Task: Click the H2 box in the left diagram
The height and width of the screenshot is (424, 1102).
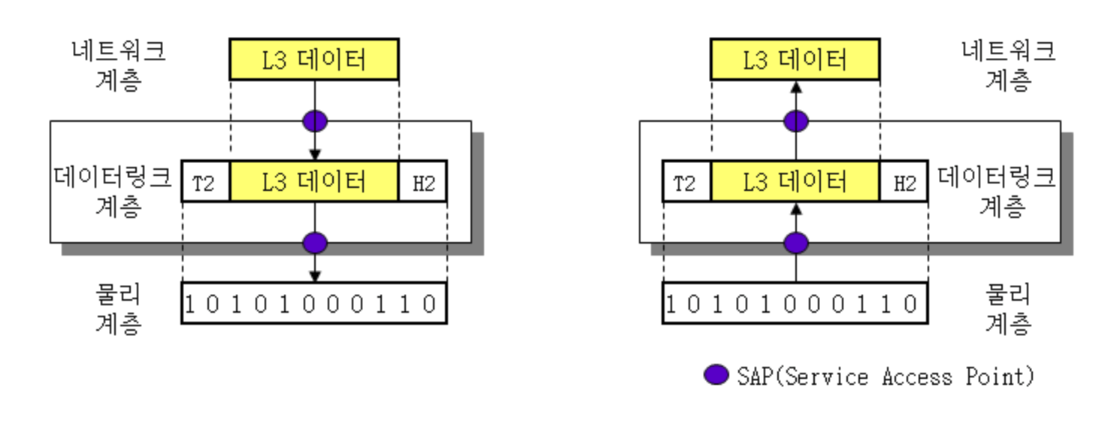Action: click(x=422, y=181)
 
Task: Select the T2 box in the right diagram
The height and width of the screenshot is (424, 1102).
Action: click(x=686, y=181)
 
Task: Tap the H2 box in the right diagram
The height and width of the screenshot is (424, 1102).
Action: click(x=903, y=181)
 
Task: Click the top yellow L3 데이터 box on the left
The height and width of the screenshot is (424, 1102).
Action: click(x=313, y=59)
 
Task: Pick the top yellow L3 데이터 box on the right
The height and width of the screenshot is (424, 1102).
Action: click(x=795, y=59)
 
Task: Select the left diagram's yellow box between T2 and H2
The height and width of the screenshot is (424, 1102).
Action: click(x=313, y=181)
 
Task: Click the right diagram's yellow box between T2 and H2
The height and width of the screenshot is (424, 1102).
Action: click(x=795, y=181)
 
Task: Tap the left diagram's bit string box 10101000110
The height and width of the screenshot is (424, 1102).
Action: click(x=313, y=303)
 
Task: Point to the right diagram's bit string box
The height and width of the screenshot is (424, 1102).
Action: click(x=795, y=303)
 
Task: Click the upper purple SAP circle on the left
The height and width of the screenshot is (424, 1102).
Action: click(x=315, y=120)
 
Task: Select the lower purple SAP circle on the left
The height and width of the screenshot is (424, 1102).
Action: click(x=315, y=243)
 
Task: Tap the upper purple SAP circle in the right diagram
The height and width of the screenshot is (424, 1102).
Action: click(x=796, y=120)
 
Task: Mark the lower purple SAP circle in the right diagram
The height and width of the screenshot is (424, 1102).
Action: click(x=796, y=243)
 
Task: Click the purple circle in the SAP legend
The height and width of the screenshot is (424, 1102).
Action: click(x=716, y=375)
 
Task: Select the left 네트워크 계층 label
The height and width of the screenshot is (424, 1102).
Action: click(x=118, y=65)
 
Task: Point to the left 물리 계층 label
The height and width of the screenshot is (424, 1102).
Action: click(x=118, y=308)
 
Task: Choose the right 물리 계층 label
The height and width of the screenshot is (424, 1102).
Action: click(x=1007, y=308)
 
